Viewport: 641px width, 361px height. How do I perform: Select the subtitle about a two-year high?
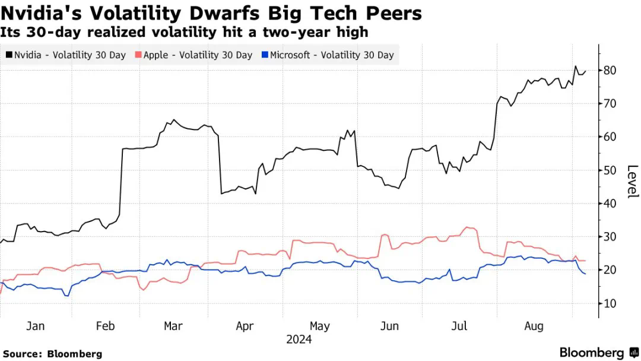(x=185, y=31)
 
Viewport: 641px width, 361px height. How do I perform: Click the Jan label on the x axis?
(x=35, y=326)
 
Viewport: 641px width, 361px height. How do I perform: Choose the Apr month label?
(x=245, y=326)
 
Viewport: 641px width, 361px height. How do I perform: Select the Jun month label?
(x=389, y=326)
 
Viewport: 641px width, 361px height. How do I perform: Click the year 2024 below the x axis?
(x=299, y=340)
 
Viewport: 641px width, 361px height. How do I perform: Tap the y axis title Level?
(x=632, y=181)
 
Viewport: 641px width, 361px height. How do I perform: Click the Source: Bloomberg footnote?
(x=52, y=353)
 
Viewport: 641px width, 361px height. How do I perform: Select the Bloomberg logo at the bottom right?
(x=596, y=352)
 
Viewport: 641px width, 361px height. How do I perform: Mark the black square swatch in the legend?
(x=9, y=55)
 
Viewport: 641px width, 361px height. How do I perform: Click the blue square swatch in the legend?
(x=265, y=55)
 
